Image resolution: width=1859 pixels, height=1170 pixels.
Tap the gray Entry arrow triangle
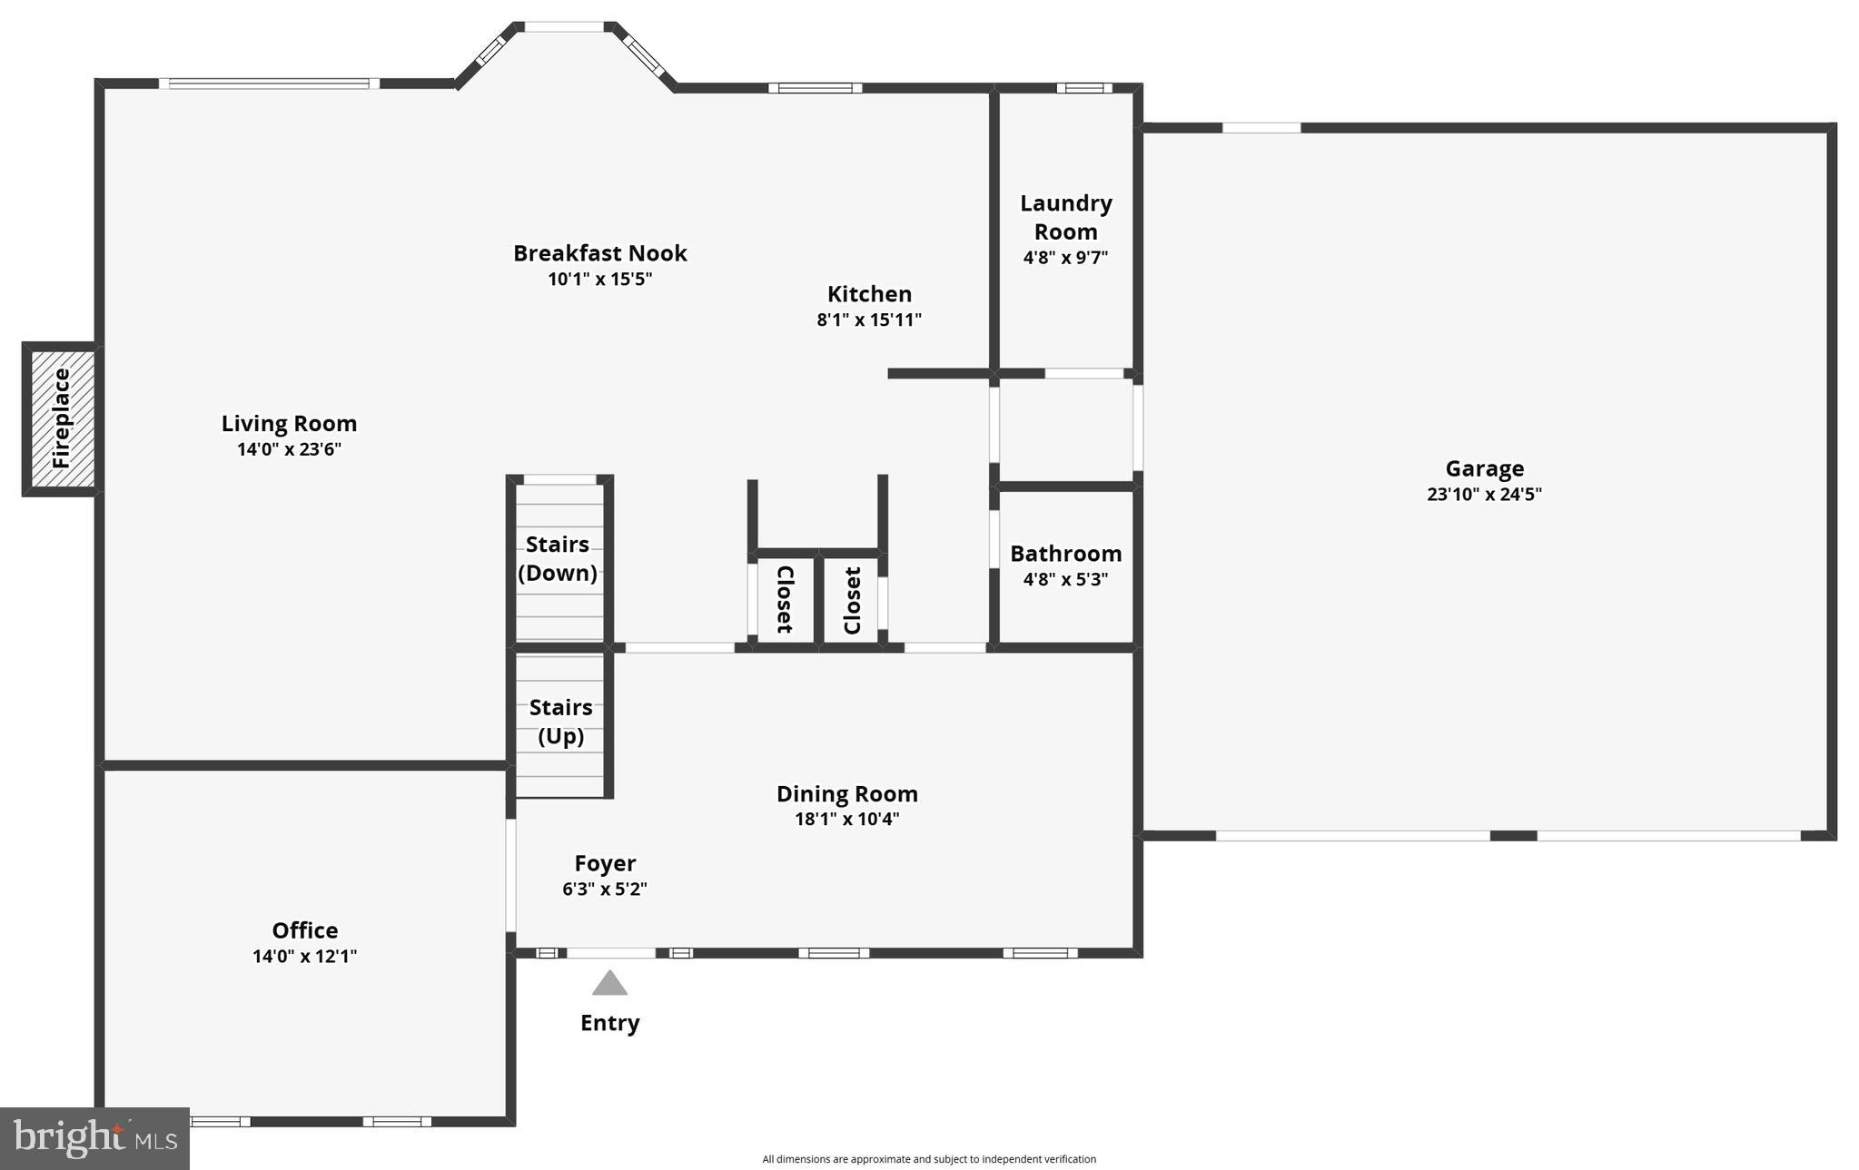[x=609, y=983]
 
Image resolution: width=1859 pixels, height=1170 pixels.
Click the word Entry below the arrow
[x=609, y=1023]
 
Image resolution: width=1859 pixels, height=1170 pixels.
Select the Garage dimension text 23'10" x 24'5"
[x=1484, y=495]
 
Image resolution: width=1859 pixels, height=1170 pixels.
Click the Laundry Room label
[x=1065, y=217]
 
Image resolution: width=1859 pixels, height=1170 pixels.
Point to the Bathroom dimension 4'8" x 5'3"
[x=1065, y=579]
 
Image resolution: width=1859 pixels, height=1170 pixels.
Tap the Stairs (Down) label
[x=558, y=558]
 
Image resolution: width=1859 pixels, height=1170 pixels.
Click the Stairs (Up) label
[x=560, y=721]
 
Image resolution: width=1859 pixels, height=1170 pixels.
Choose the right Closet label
[x=852, y=600]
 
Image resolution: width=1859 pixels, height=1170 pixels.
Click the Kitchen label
[x=869, y=294]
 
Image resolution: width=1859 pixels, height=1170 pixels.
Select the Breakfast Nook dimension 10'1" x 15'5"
[x=599, y=279]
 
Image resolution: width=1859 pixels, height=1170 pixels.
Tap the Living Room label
[x=289, y=424]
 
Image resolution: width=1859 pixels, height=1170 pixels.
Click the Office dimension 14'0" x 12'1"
[x=304, y=956]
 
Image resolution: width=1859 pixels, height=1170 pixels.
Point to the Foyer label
[x=605, y=863]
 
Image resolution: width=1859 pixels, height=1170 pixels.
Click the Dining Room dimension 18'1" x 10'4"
[x=846, y=819]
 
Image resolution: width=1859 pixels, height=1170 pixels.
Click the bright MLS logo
[x=94, y=1138]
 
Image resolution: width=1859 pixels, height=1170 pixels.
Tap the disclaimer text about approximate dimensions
[x=928, y=1159]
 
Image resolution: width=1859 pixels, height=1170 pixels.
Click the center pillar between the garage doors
[x=1513, y=835]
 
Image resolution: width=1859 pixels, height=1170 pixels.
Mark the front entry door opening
[x=610, y=952]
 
